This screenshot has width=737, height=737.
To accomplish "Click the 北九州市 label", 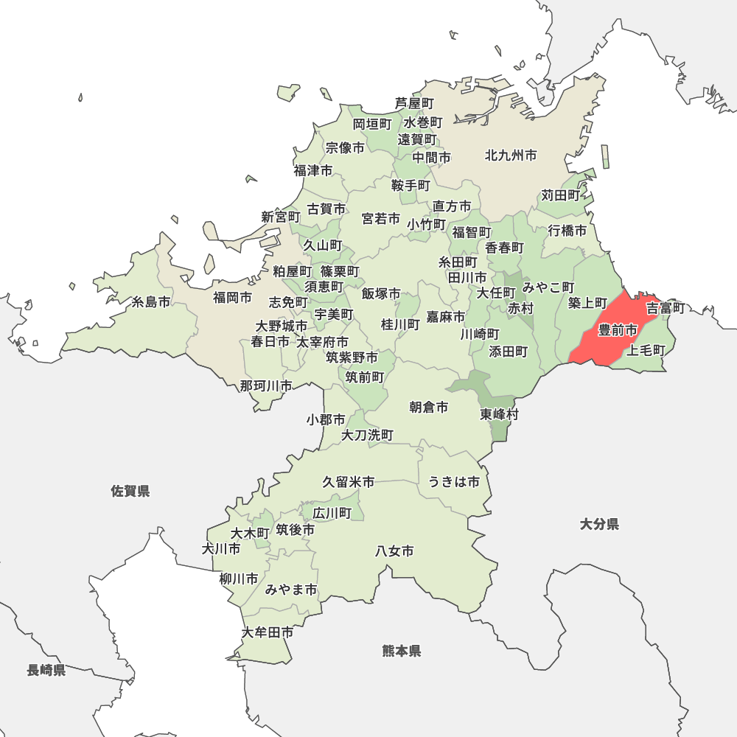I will pyautogui.click(x=511, y=156).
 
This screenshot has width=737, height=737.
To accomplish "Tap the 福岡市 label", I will pyautogui.click(x=232, y=298).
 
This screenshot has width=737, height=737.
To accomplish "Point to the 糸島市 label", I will pyautogui.click(x=151, y=302).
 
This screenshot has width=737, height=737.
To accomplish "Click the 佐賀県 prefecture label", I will pyautogui.click(x=130, y=491).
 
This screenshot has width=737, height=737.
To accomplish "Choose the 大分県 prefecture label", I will pyautogui.click(x=599, y=524).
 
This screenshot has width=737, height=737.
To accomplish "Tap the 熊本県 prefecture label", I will pyautogui.click(x=402, y=651).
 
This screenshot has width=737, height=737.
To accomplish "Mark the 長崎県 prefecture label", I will pyautogui.click(x=46, y=670).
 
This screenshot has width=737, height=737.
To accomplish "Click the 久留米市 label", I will pyautogui.click(x=348, y=482).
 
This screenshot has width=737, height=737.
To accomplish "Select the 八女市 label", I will pyautogui.click(x=394, y=551).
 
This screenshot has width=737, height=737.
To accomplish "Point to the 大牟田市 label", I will pyautogui.click(x=268, y=632).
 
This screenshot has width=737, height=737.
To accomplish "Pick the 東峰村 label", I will pyautogui.click(x=500, y=414).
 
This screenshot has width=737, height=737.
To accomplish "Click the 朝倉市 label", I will pyautogui.click(x=429, y=407).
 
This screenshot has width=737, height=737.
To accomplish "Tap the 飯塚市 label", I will pyautogui.click(x=381, y=293).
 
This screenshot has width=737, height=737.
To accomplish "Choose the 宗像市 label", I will pyautogui.click(x=345, y=148).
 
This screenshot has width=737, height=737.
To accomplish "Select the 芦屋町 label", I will pyautogui.click(x=414, y=103).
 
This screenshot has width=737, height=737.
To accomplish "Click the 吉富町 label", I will pyautogui.click(x=666, y=307).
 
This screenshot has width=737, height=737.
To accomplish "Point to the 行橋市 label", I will pyautogui.click(x=567, y=231).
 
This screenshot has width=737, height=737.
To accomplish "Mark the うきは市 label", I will pyautogui.click(x=454, y=482).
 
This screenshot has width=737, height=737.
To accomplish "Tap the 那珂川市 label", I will pyautogui.click(x=265, y=385).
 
